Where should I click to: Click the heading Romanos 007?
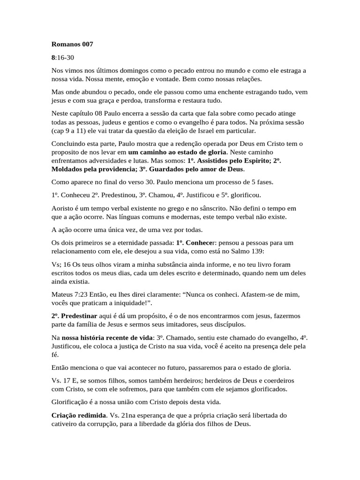(x=72, y=45)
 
